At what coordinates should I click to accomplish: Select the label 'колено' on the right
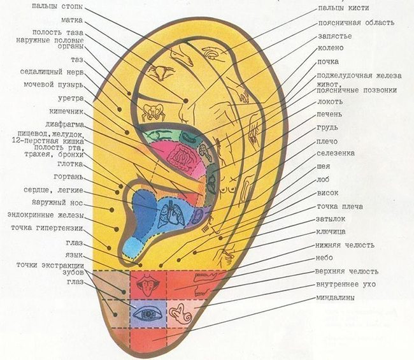click(330, 49)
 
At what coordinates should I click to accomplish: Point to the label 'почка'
click(328, 62)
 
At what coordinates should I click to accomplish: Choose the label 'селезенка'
click(337, 154)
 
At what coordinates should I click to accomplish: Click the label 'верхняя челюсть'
click(346, 271)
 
